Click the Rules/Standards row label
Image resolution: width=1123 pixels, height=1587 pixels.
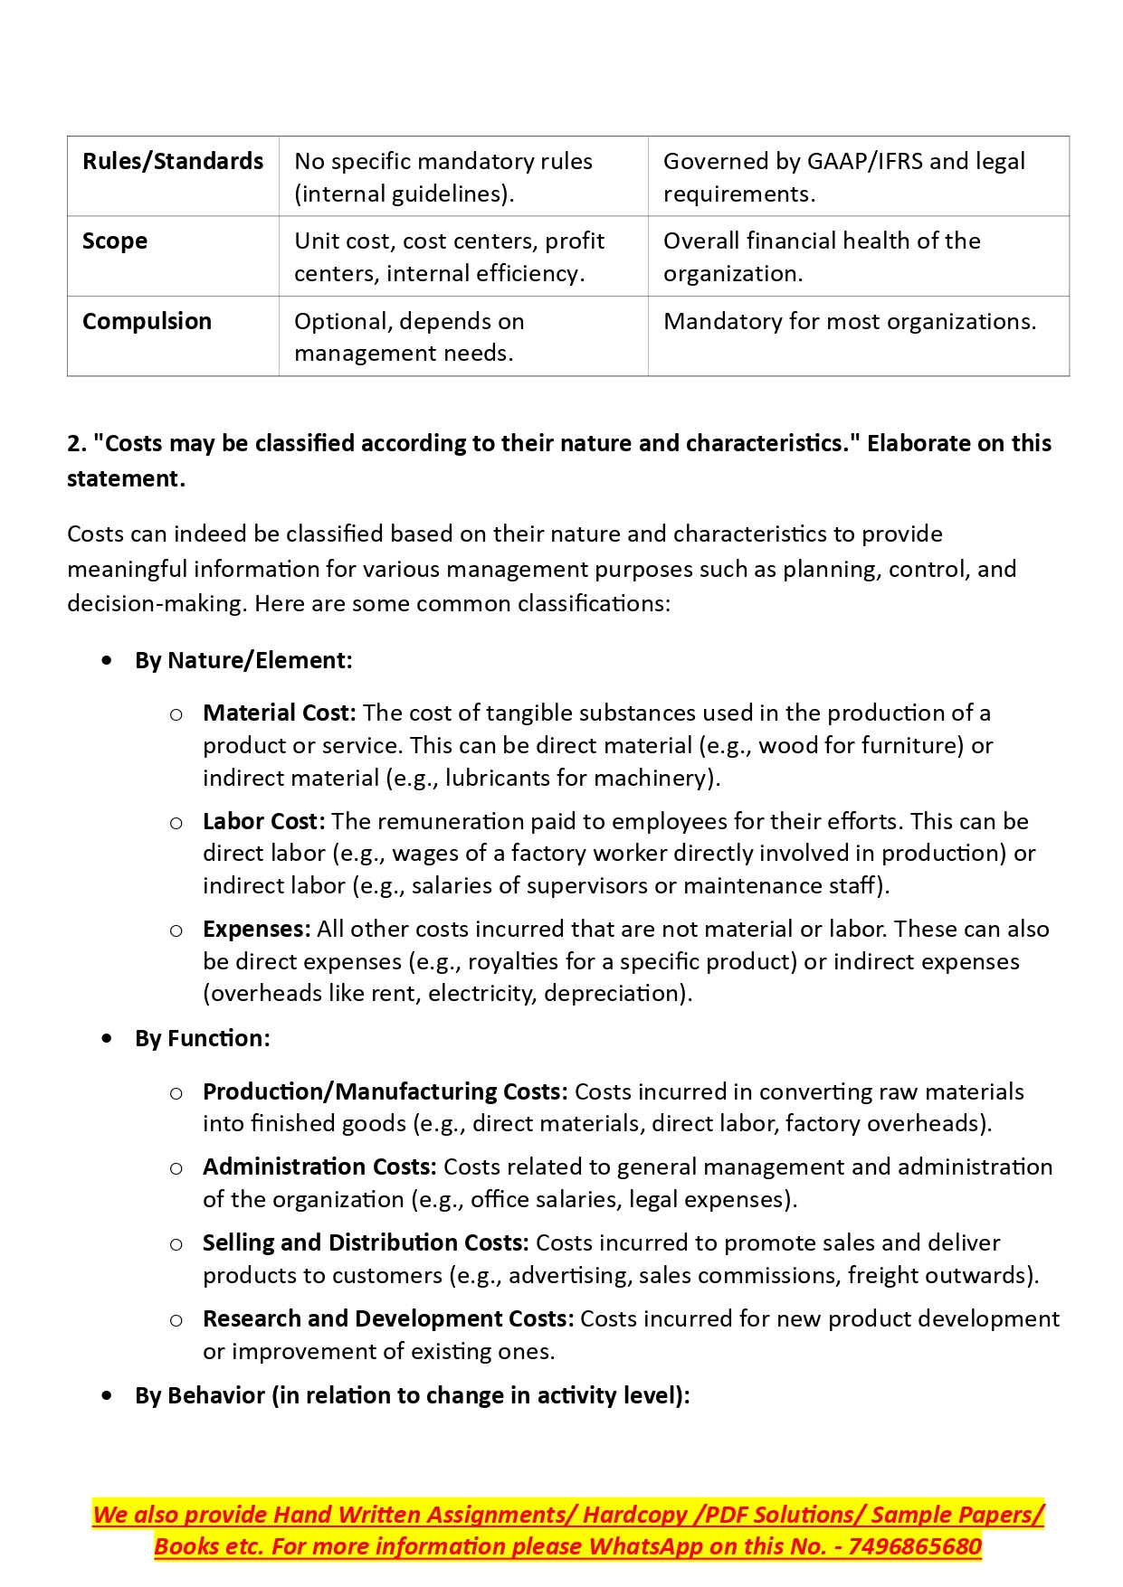tap(173, 162)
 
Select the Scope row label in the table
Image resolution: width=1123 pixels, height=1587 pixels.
tap(115, 241)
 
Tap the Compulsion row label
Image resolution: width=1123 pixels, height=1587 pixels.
tap(147, 322)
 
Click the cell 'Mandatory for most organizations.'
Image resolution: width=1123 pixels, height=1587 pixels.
tap(849, 322)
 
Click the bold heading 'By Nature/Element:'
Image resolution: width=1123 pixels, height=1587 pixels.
tap(243, 661)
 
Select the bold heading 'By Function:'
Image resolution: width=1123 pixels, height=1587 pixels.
tap(202, 1039)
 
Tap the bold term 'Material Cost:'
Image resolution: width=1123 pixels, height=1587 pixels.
tap(280, 713)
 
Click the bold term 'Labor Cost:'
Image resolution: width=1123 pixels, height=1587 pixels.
tap(263, 822)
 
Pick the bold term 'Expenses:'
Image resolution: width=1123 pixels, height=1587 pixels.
tap(256, 930)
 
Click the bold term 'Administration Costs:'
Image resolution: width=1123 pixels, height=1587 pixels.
tap(319, 1167)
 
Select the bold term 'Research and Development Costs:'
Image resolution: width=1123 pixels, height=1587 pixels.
tap(388, 1319)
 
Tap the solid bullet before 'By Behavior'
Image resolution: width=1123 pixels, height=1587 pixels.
tap(109, 1396)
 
